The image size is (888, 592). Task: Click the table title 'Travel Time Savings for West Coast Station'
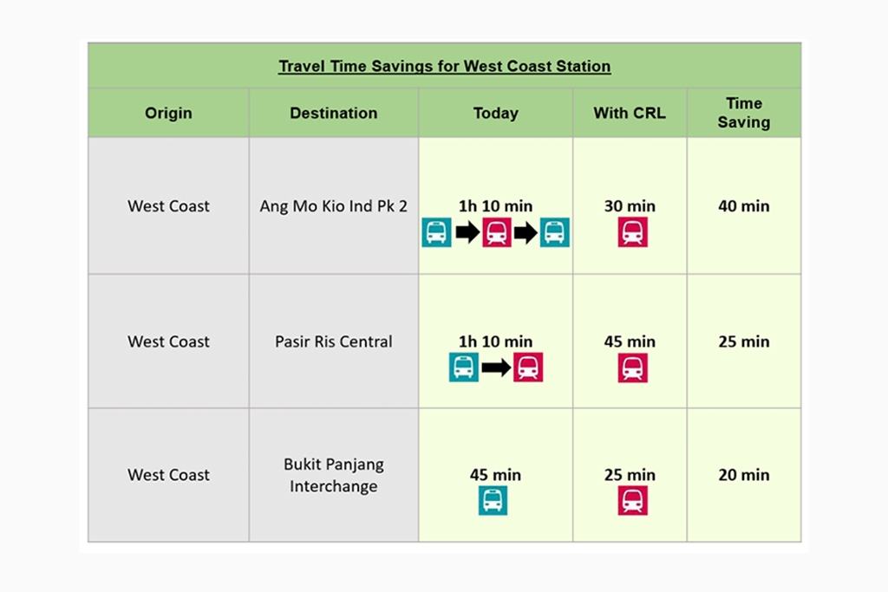click(445, 66)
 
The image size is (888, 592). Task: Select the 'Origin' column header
click(168, 114)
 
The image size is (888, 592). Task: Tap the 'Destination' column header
click(334, 114)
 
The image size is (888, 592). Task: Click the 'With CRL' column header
click(630, 114)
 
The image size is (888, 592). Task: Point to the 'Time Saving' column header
click(743, 113)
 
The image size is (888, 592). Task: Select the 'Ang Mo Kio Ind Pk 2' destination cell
click(334, 206)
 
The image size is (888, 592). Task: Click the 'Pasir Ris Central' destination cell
click(334, 342)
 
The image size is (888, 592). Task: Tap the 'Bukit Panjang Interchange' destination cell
click(334, 475)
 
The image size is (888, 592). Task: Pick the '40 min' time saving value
click(743, 206)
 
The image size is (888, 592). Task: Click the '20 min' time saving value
click(743, 475)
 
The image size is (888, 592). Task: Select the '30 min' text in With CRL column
click(630, 206)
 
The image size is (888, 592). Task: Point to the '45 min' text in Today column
click(495, 475)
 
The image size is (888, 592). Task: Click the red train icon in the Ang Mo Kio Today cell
click(497, 232)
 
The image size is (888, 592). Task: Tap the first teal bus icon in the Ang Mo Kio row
click(437, 232)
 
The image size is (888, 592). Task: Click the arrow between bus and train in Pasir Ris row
click(496, 368)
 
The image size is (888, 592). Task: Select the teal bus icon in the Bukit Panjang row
click(493, 500)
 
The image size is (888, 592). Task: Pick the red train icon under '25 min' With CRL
click(632, 500)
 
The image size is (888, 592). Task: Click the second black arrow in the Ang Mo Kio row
click(526, 232)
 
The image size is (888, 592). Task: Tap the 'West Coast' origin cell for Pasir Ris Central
click(168, 342)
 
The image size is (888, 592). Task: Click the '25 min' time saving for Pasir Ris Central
click(743, 342)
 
